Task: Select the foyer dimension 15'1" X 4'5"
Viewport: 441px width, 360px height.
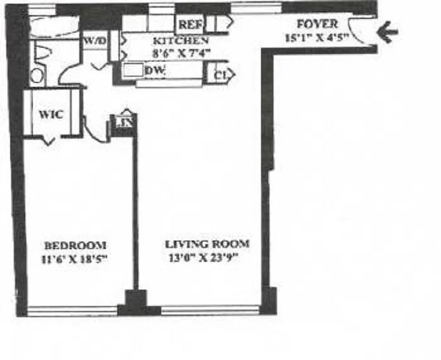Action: (x=317, y=37)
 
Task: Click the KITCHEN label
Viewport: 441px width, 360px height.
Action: (x=180, y=40)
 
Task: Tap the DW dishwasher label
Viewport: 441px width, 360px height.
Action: (x=155, y=71)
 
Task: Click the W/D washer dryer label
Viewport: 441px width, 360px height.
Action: (x=94, y=41)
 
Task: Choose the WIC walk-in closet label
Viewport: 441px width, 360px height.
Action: (x=50, y=114)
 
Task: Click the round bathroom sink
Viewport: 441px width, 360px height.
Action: (x=38, y=76)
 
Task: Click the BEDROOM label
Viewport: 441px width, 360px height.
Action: (x=75, y=246)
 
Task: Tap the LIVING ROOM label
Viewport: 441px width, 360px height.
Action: (x=207, y=244)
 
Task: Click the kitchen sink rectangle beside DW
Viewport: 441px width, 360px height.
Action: (x=133, y=71)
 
